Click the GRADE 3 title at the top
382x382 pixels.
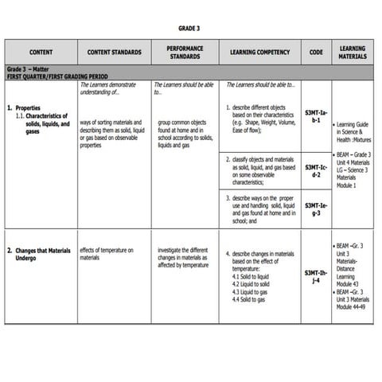(x=189, y=28)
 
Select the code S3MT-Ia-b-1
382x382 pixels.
(x=316, y=117)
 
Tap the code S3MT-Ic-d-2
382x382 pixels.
(x=316, y=171)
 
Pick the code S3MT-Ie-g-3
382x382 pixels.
(x=316, y=209)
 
